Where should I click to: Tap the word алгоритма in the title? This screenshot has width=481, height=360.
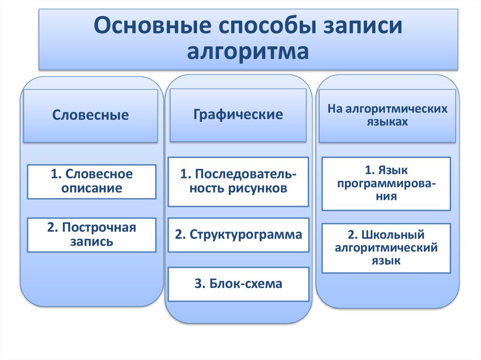[248, 51]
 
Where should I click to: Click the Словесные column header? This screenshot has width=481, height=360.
[91, 115]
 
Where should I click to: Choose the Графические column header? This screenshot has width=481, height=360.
[238, 114]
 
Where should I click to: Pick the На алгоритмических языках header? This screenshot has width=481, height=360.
[387, 115]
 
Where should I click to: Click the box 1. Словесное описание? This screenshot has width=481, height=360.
[92, 181]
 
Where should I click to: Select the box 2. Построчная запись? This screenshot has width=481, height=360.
[92, 235]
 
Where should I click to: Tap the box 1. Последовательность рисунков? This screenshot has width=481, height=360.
[238, 182]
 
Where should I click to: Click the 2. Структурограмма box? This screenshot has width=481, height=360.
[238, 235]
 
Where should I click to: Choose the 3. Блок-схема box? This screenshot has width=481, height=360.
[238, 284]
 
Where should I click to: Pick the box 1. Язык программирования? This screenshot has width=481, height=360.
[387, 183]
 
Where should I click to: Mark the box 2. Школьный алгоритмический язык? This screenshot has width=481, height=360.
[387, 248]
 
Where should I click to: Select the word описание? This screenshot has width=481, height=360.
[92, 189]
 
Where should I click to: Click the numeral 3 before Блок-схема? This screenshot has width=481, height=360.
[198, 284]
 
